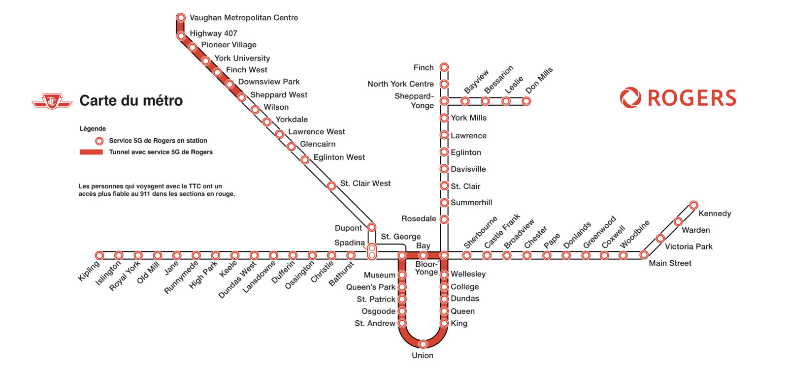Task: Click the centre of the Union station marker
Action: pyautogui.click(x=423, y=344)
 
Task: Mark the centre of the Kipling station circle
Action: pyautogui.click(x=99, y=255)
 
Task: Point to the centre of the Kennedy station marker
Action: pyautogui.click(x=693, y=205)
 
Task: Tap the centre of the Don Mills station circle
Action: pyautogui.click(x=526, y=101)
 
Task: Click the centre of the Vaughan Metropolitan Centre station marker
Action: pyautogui.click(x=181, y=18)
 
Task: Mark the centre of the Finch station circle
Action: pyautogui.click(x=444, y=67)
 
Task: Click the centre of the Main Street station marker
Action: pyautogui.click(x=644, y=255)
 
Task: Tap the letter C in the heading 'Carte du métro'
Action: pyautogui.click(x=84, y=100)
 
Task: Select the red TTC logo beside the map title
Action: pyautogui.click(x=52, y=101)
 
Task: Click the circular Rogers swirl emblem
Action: pyautogui.click(x=630, y=98)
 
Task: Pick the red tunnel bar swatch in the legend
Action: pyautogui.click(x=91, y=152)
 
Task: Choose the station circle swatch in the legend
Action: pyautogui.click(x=99, y=141)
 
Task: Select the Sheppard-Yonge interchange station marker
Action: pyautogui.click(x=444, y=101)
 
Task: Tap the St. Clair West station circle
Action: pyautogui.click(x=331, y=185)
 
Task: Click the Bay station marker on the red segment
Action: pyautogui.click(x=423, y=255)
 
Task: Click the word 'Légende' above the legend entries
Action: pyautogui.click(x=93, y=128)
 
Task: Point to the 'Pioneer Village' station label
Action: pyautogui.click(x=229, y=45)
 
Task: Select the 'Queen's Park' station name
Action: pyautogui.click(x=371, y=287)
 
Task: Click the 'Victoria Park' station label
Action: pyautogui.click(x=689, y=246)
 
